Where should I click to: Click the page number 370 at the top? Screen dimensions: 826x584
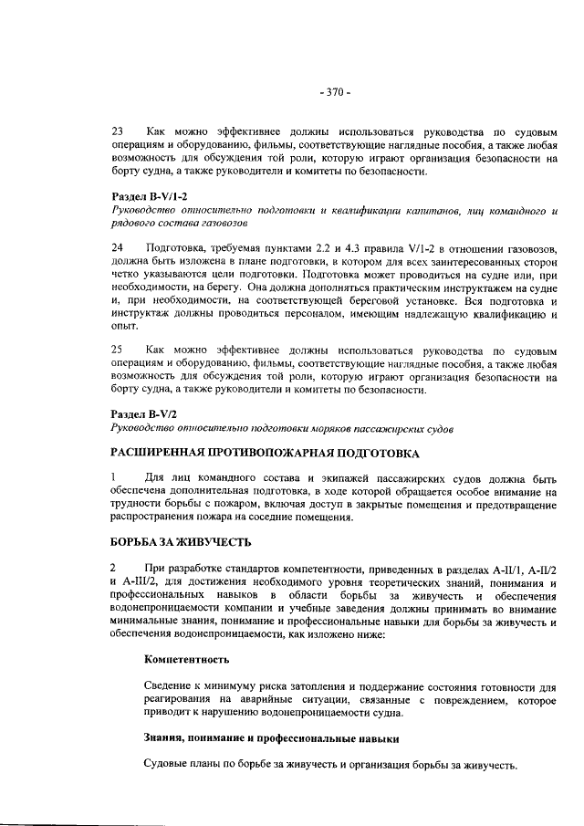(x=335, y=92)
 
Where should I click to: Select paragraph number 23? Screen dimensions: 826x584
(x=117, y=131)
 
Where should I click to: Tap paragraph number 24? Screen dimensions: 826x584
(x=117, y=247)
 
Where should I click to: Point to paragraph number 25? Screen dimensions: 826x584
(x=117, y=350)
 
